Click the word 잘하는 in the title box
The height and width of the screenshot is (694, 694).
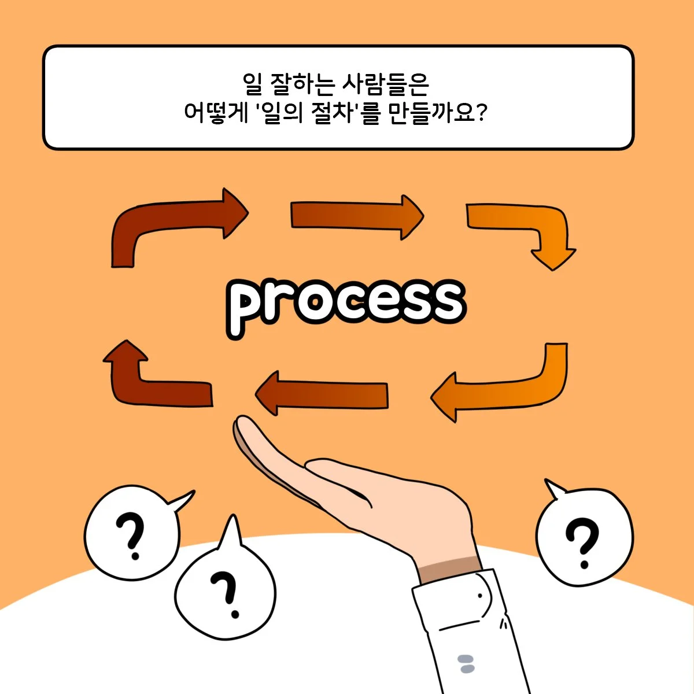coord(301,85)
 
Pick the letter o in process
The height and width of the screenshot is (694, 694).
coord(315,302)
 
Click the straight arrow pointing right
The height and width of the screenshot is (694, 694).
coord(357,216)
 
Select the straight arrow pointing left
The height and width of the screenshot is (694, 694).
coord(322,393)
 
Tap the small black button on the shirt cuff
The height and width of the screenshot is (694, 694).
coord(480,596)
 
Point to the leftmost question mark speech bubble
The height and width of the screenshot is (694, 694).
coord(133,533)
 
